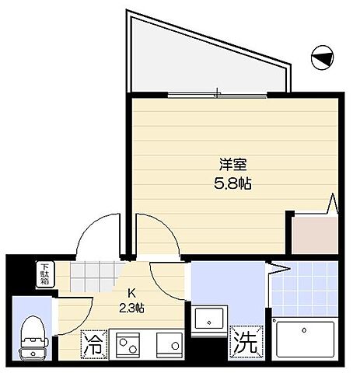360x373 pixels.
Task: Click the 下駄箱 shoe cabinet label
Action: point(44,274)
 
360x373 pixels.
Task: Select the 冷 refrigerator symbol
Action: point(93,343)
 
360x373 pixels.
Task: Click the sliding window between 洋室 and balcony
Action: point(218,95)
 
